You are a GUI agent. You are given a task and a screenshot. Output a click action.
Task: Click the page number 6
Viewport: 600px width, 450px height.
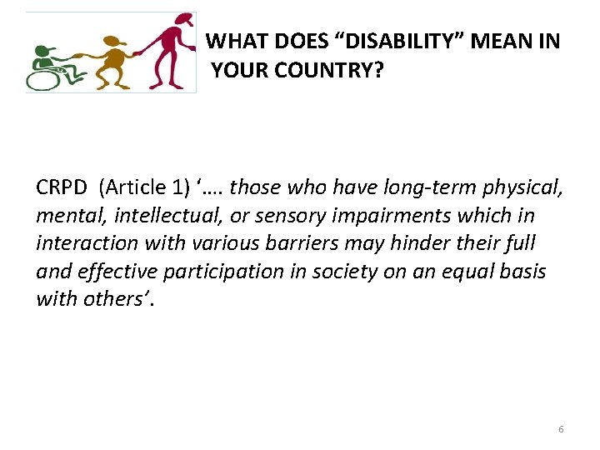point(561,429)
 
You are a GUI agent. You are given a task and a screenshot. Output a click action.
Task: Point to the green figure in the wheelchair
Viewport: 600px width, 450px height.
point(46,62)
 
